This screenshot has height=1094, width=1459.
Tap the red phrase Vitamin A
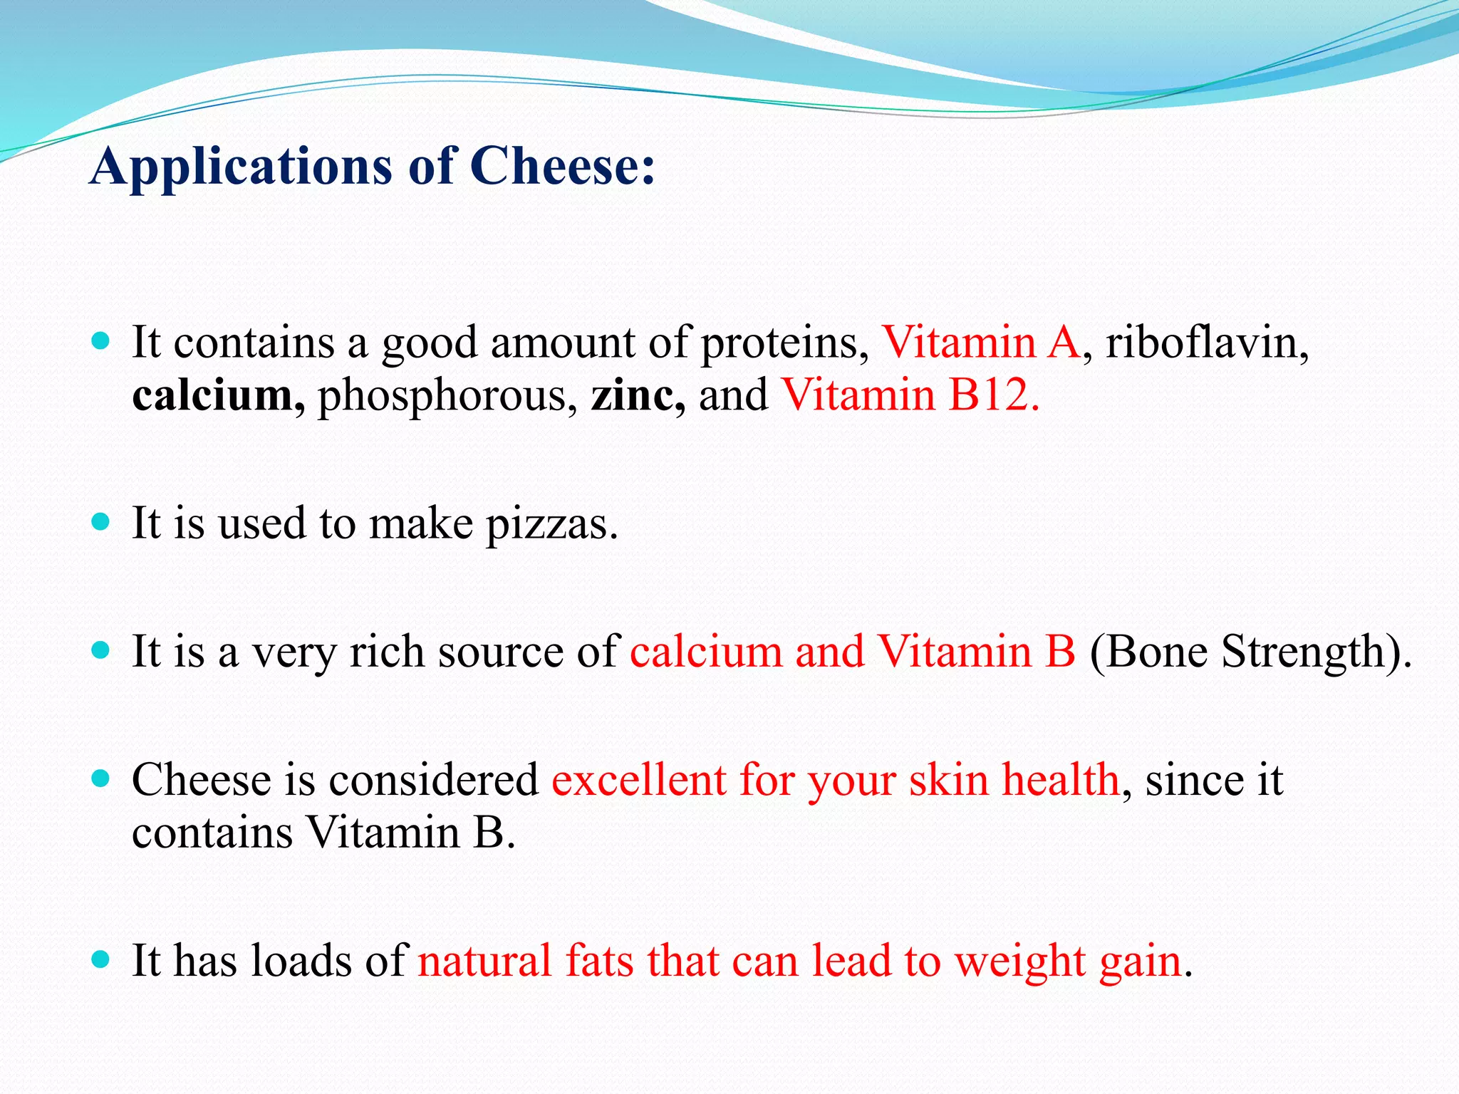pyautogui.click(x=981, y=342)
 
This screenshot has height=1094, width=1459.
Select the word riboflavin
pyautogui.click(x=1207, y=342)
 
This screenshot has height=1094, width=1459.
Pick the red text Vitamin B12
pyautogui.click(x=910, y=395)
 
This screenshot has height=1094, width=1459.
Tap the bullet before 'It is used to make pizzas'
pyautogui.click(x=101, y=522)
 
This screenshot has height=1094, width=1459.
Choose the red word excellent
pyautogui.click(x=638, y=779)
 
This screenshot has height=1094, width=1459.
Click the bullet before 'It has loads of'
pyautogui.click(x=101, y=959)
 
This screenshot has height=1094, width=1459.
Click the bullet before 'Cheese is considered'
pyautogui.click(x=101, y=778)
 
